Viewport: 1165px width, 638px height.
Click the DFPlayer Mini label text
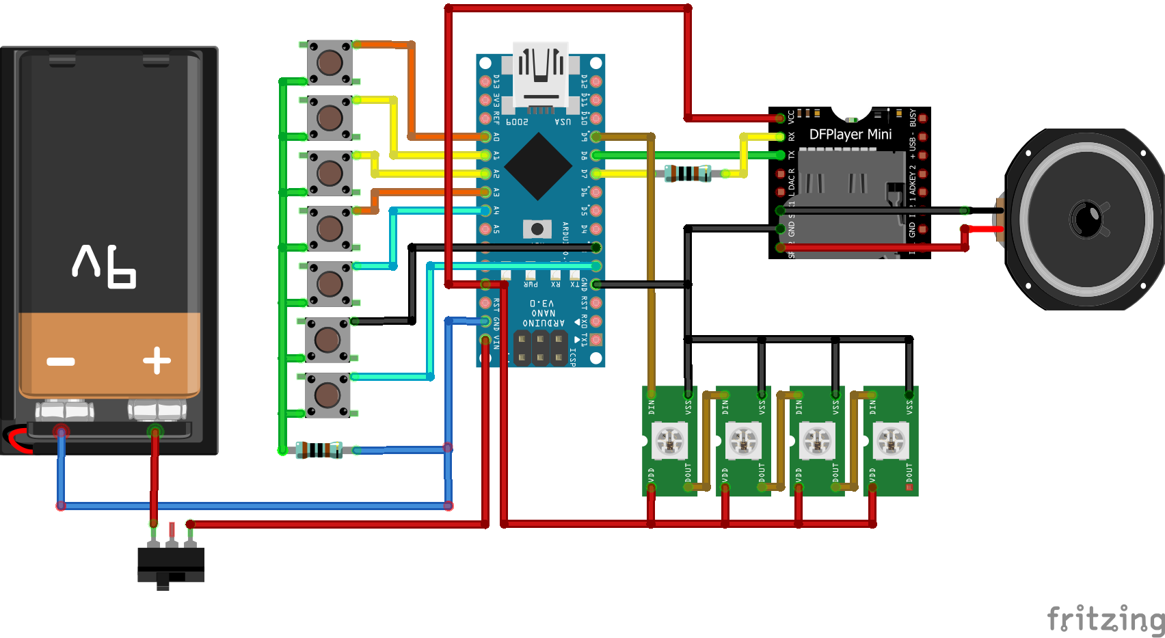850,135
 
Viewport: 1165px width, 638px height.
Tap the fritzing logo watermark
1106,618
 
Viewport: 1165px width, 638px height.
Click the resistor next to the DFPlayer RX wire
688,174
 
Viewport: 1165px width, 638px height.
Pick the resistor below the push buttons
319,450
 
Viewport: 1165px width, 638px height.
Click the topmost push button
330,62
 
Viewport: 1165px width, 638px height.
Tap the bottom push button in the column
327,395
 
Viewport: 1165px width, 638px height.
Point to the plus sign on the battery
157,360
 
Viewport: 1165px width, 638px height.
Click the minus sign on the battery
61,361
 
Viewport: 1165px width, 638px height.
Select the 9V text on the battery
104,265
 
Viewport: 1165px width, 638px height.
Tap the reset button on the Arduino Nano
537,228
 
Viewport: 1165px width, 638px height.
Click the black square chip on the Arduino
538,166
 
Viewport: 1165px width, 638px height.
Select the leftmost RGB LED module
669,441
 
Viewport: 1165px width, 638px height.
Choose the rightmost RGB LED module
891,441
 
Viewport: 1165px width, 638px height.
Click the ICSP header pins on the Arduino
540,347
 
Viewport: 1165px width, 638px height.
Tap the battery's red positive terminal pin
155,431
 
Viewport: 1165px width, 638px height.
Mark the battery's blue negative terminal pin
62,431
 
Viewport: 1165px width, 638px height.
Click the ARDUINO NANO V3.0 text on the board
544,313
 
